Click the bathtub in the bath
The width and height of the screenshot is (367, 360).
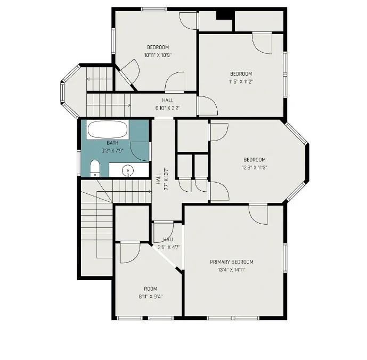tap(108, 130)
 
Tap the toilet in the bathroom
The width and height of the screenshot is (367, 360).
tap(95, 168)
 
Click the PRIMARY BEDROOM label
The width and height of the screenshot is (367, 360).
tap(232, 261)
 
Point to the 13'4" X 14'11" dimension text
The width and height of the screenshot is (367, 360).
tap(232, 269)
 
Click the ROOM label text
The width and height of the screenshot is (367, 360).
tap(151, 289)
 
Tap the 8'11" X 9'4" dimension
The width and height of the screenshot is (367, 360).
tap(151, 297)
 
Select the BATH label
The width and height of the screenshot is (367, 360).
tap(112, 143)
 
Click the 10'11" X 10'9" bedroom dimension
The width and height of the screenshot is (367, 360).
tap(158, 55)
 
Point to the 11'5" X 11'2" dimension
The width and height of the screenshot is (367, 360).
tap(241, 81)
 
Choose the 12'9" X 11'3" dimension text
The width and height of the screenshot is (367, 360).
tap(255, 168)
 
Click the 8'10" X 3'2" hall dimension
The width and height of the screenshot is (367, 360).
tap(168, 108)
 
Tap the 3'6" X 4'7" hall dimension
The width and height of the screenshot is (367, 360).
tap(169, 247)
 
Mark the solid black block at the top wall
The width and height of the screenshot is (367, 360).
tap(225, 15)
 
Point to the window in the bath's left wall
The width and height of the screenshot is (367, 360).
tap(79, 162)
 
